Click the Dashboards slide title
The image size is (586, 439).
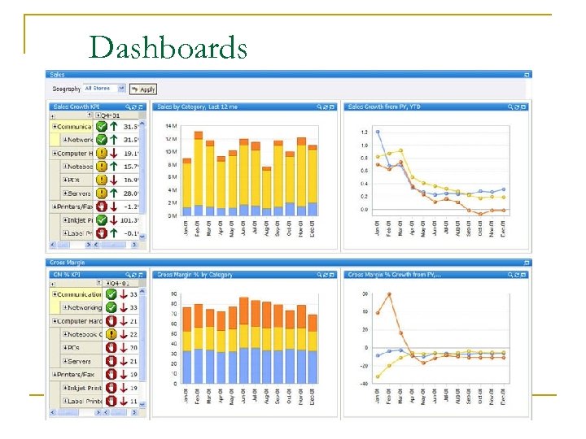168,48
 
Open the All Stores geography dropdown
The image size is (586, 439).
105,89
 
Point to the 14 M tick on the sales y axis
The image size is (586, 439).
172,126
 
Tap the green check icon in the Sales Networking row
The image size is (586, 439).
102,140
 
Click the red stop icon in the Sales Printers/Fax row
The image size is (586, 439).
102,206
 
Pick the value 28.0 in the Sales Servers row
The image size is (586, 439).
130,193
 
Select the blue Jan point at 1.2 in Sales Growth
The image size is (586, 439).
377,131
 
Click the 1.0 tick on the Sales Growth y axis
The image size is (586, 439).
363,145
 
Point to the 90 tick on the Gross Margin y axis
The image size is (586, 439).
173,293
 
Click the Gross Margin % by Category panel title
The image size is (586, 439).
196,275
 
